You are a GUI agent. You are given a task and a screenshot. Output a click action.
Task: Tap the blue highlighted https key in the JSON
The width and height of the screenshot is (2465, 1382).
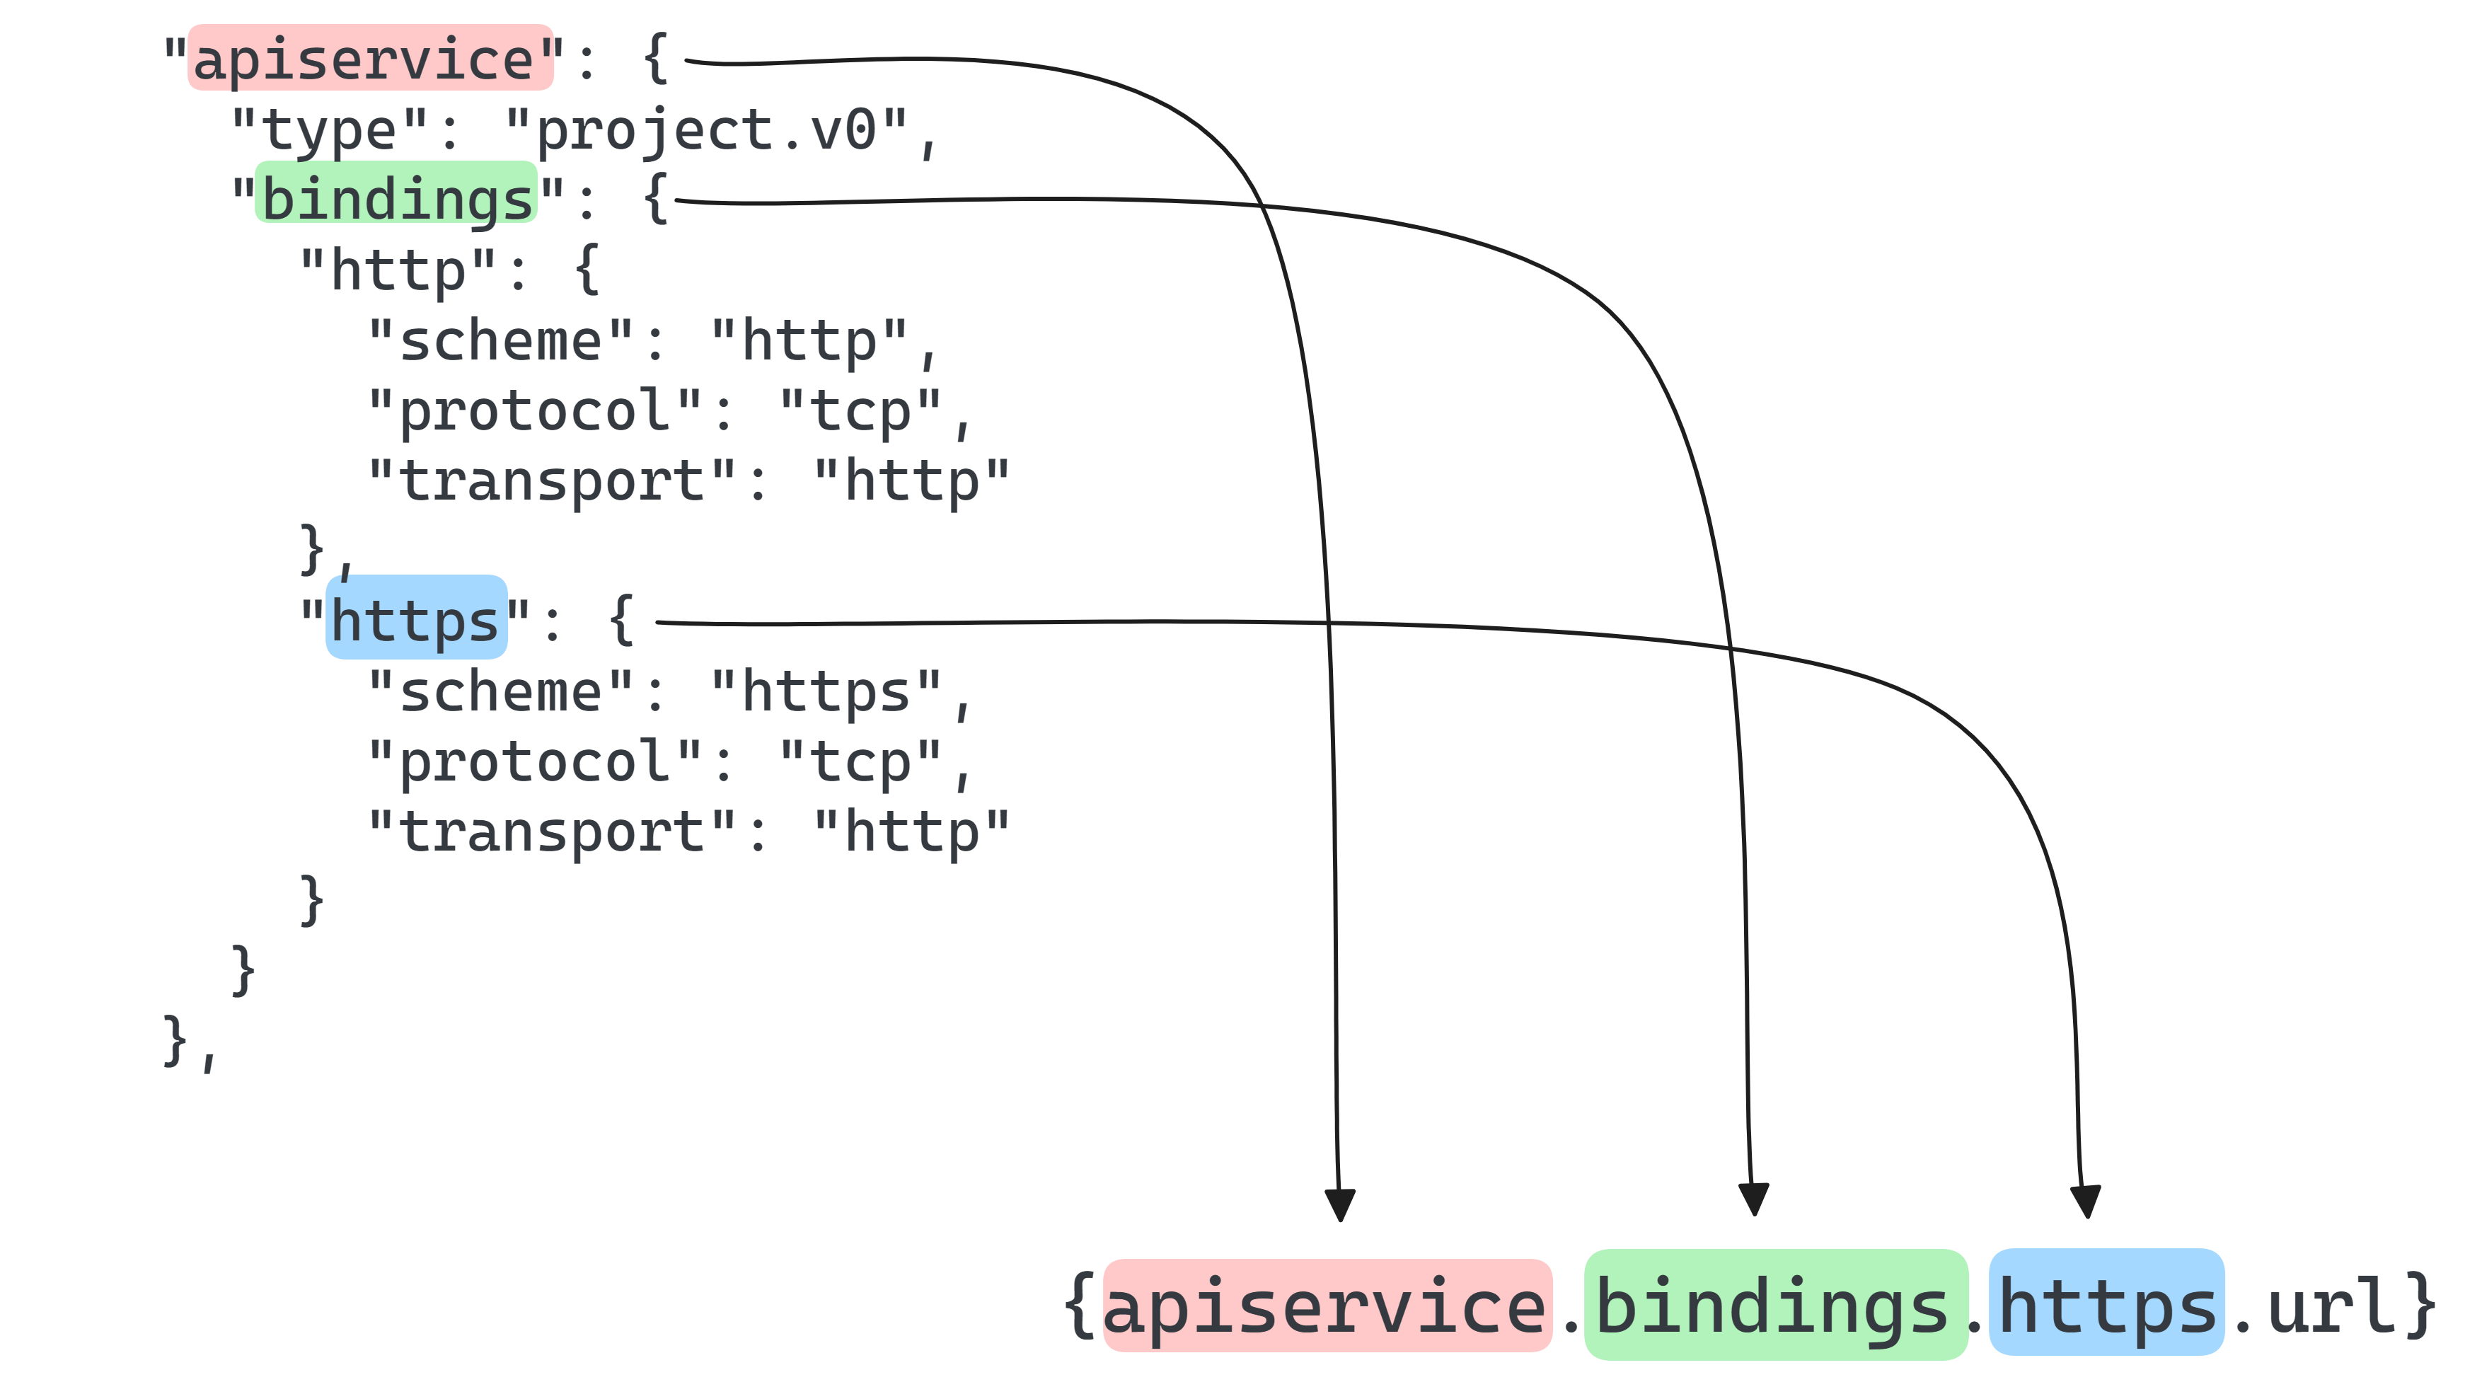(416, 617)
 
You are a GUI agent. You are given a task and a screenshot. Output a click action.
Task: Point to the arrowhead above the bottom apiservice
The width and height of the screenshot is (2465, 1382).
(1339, 1204)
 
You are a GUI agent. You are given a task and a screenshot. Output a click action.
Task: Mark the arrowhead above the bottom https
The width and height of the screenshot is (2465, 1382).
(2086, 1201)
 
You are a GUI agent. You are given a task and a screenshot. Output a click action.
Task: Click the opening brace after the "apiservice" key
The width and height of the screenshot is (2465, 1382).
(657, 59)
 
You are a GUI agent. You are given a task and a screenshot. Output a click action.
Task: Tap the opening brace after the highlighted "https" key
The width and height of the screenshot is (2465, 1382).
(622, 619)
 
